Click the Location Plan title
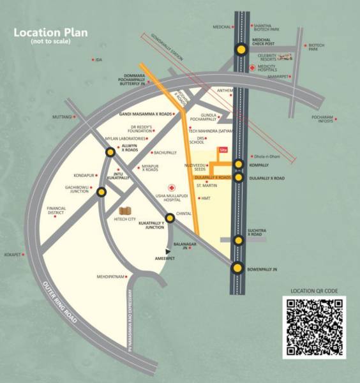51,33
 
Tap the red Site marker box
223,150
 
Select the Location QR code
314,327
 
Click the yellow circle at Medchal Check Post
241,49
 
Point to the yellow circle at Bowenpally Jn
238,268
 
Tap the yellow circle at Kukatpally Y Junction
170,218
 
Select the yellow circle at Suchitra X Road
239,240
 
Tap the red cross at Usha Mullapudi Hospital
171,188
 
